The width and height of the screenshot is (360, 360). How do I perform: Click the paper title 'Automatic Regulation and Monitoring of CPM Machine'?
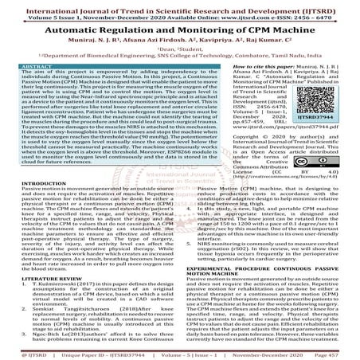179,27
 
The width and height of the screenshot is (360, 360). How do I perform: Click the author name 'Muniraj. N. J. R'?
81,40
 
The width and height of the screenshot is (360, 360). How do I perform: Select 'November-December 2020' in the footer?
274,353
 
